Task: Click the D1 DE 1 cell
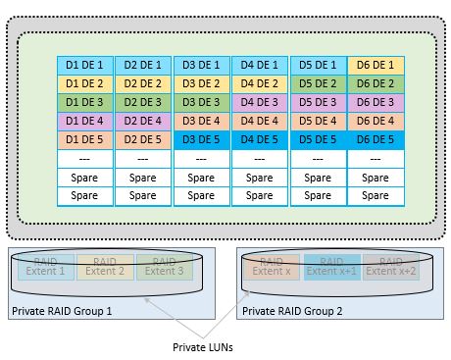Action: [85, 65]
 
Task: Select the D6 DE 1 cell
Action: [376, 65]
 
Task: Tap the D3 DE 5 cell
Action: [201, 139]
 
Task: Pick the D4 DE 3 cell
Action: [260, 102]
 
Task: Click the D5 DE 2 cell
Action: [318, 83]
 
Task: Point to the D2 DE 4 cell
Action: [143, 121]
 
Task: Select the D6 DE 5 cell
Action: [376, 139]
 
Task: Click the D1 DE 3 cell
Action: [85, 102]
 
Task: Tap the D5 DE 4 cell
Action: [318, 121]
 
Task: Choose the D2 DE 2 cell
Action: [143, 83]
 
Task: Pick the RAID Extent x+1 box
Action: [332, 266]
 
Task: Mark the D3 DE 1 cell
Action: [201, 65]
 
